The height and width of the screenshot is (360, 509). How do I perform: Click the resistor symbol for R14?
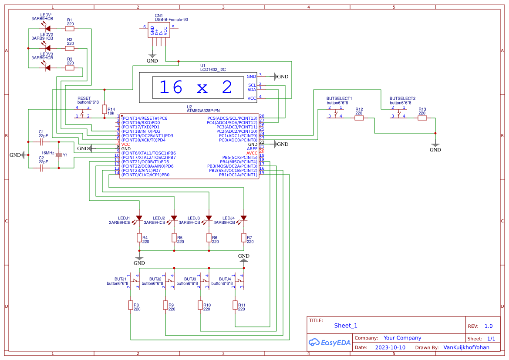tap(104, 109)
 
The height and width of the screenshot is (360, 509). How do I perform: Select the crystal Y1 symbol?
tap(59, 155)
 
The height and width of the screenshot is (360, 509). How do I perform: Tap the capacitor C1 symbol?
tap(41, 141)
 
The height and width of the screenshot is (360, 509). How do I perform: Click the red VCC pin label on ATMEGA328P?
tap(125, 144)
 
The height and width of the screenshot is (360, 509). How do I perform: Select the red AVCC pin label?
tap(252, 153)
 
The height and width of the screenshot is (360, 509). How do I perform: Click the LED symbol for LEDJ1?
tap(139, 218)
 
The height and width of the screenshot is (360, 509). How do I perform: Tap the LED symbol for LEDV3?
tap(47, 67)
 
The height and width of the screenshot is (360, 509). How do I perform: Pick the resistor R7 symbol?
tap(243, 237)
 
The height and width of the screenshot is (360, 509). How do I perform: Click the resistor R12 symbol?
tap(359, 118)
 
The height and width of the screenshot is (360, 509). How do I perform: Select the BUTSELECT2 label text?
tap(402, 98)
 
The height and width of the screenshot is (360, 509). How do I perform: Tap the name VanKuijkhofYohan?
tap(466, 347)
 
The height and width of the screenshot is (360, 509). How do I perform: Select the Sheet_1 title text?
tap(346, 325)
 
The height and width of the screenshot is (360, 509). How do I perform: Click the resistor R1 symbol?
tap(70, 29)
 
